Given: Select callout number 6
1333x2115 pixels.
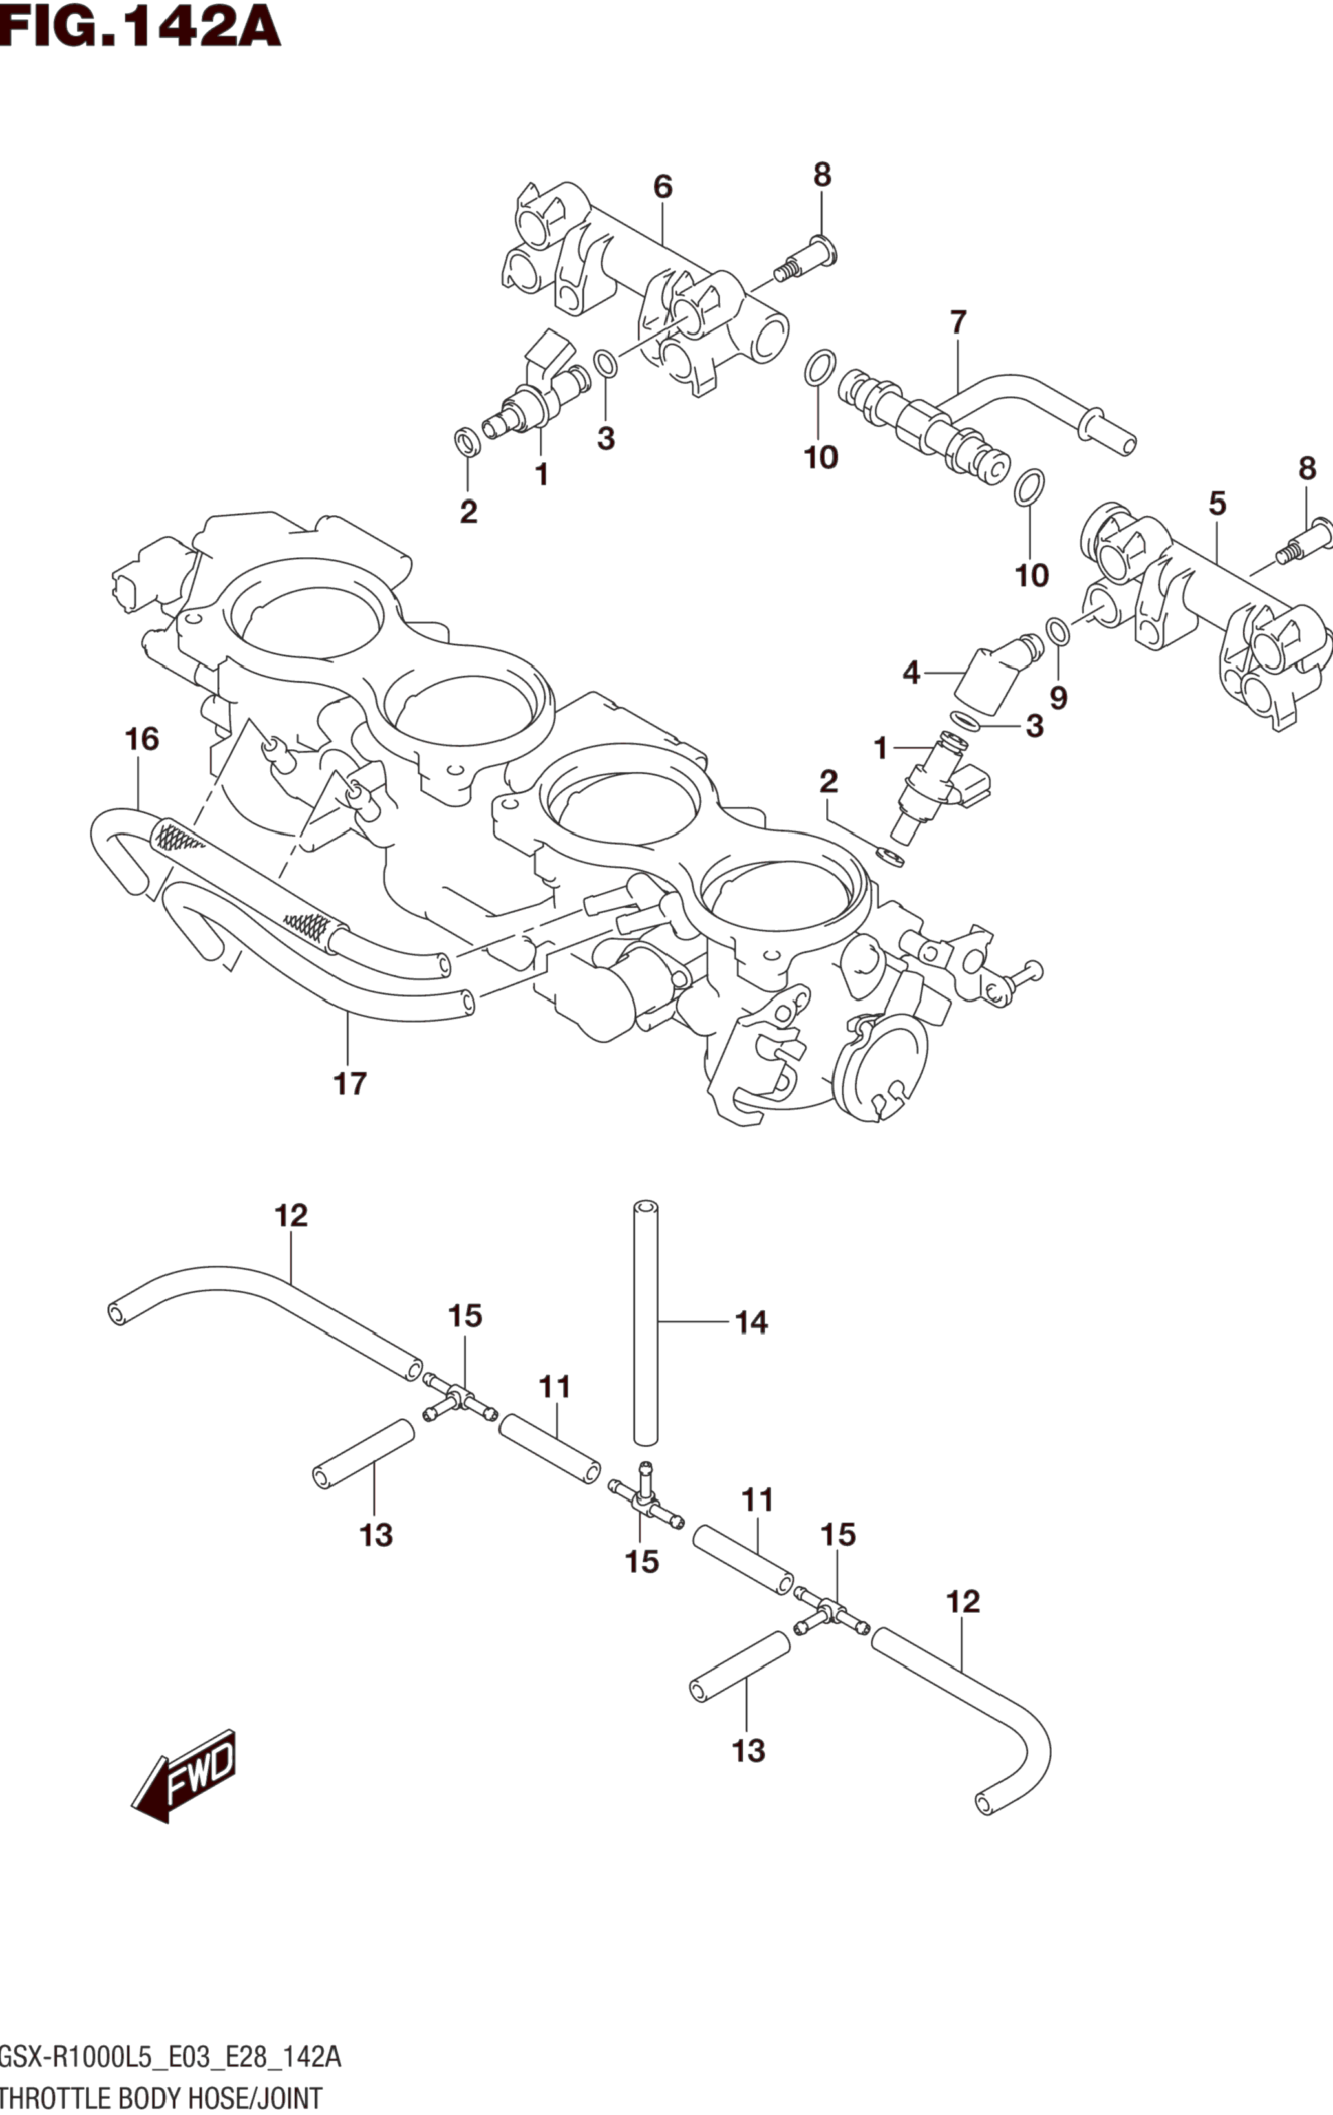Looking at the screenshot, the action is tap(663, 186).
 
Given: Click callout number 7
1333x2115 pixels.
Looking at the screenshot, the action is tap(958, 323).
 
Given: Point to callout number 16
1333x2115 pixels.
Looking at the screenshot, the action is tap(142, 739).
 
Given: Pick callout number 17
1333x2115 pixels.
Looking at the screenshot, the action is tap(350, 1084).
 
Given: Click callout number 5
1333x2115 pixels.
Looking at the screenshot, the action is tap(1217, 504).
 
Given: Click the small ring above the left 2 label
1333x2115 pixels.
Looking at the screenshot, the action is tap(468, 441).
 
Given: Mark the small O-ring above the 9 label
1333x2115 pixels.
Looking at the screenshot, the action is tap(1058, 630).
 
